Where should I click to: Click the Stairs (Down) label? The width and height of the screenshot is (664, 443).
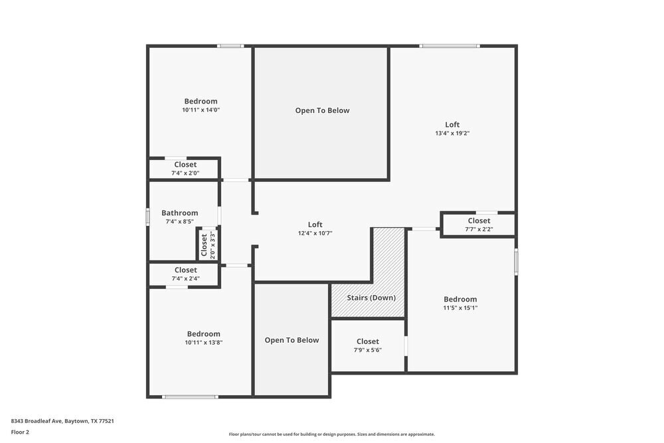pyautogui.click(x=371, y=298)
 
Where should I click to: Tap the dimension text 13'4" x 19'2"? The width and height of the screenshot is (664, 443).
pyautogui.click(x=452, y=133)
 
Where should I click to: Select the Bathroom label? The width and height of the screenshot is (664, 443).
pyautogui.click(x=179, y=213)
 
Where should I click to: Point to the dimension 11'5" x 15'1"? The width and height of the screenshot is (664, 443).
pyautogui.click(x=460, y=308)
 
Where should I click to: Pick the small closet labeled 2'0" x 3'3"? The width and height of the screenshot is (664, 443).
pyautogui.click(x=208, y=244)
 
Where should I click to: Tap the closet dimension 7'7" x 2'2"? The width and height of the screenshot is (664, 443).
pyautogui.click(x=479, y=230)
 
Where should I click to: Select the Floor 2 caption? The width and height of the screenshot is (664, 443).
pyautogui.click(x=20, y=432)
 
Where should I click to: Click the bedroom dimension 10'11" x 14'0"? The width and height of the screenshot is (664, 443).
pyautogui.click(x=201, y=110)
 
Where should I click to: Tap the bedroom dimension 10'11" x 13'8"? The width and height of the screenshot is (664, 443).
pyautogui.click(x=203, y=343)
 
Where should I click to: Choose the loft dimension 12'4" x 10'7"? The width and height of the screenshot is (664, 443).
pyautogui.click(x=315, y=233)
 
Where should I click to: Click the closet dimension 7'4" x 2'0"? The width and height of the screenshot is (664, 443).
pyautogui.click(x=185, y=173)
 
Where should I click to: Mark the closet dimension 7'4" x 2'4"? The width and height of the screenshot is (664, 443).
pyautogui.click(x=185, y=279)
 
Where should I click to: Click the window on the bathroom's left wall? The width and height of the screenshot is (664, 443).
pyautogui.click(x=148, y=217)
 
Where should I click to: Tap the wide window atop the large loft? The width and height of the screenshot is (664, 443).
pyautogui.click(x=450, y=46)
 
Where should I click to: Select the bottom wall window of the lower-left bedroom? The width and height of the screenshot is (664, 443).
pyautogui.click(x=190, y=397)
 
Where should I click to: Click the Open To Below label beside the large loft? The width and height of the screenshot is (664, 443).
pyautogui.click(x=322, y=111)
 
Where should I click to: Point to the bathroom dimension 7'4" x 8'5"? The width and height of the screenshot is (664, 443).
pyautogui.click(x=179, y=222)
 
